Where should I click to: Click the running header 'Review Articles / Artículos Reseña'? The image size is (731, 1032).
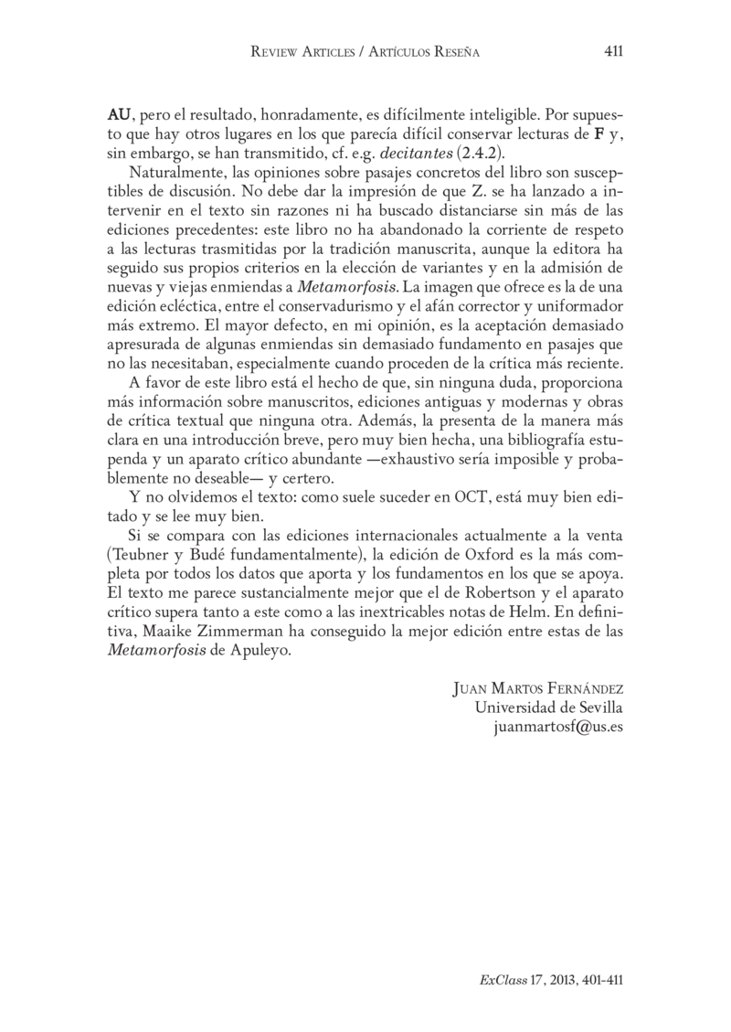click(366, 53)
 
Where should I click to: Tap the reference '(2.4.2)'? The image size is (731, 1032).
click(482, 152)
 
